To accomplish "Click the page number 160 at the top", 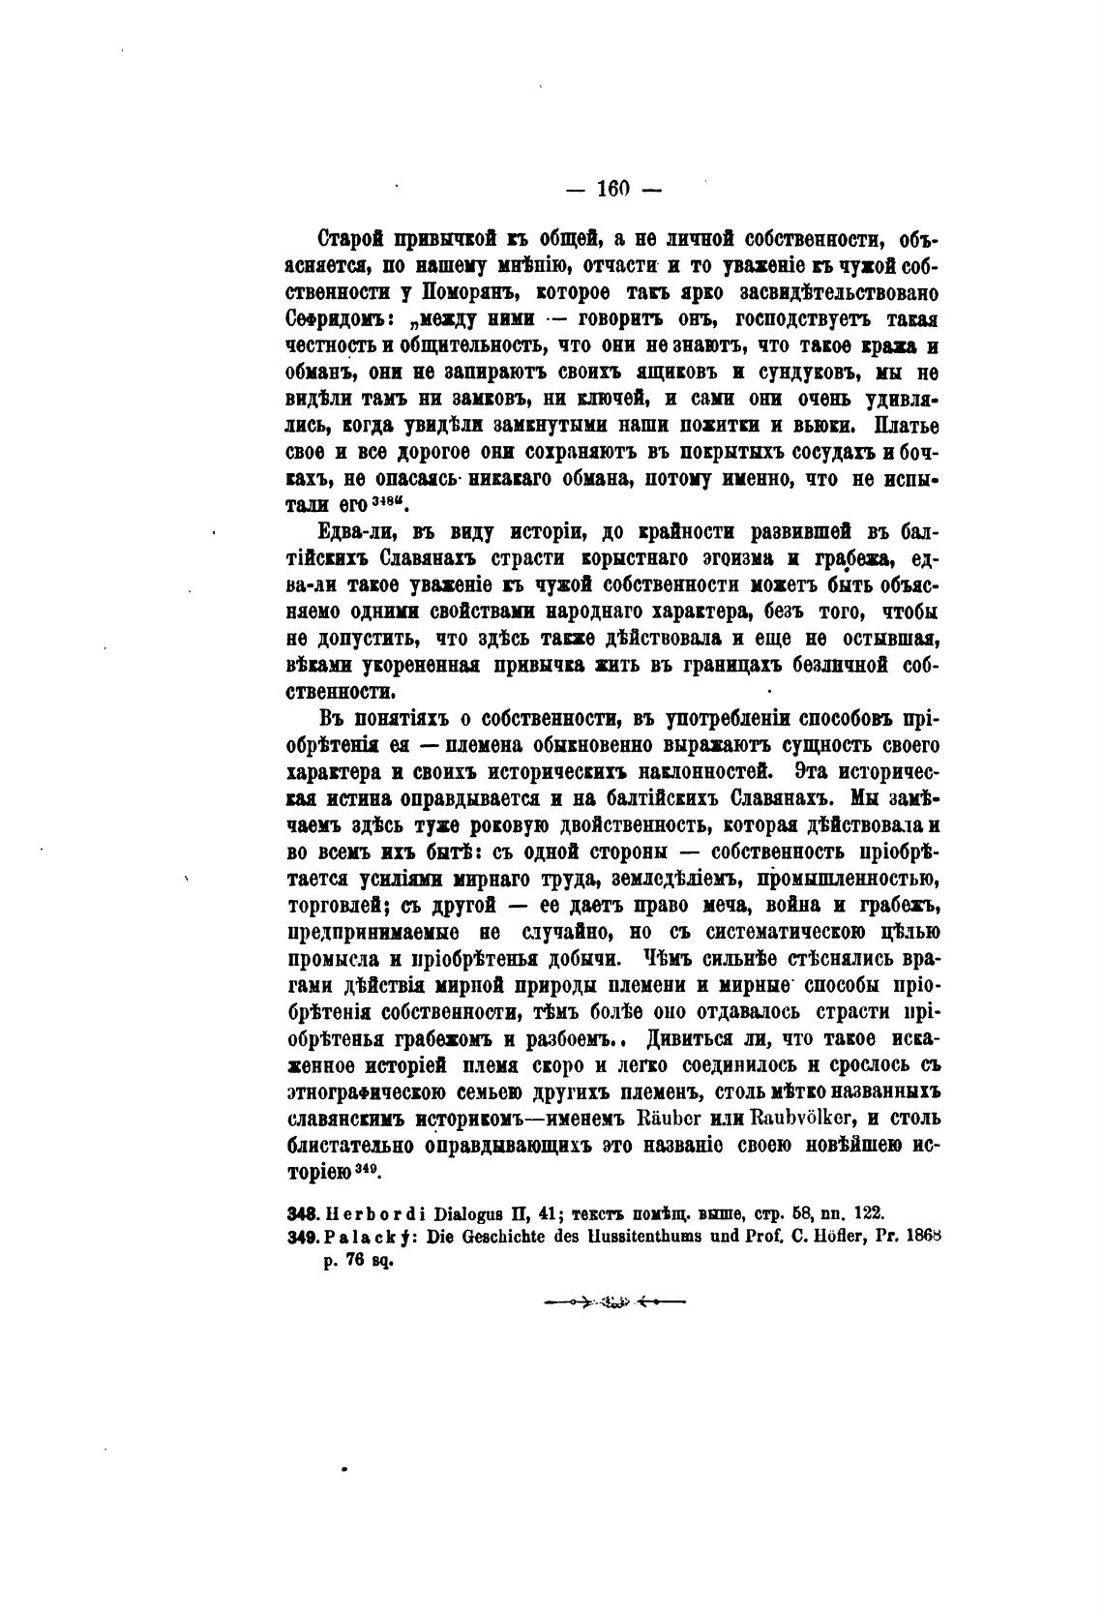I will tap(613, 190).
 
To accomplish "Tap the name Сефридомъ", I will tap(334, 319).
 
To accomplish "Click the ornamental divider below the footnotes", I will tap(613, 1302).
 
